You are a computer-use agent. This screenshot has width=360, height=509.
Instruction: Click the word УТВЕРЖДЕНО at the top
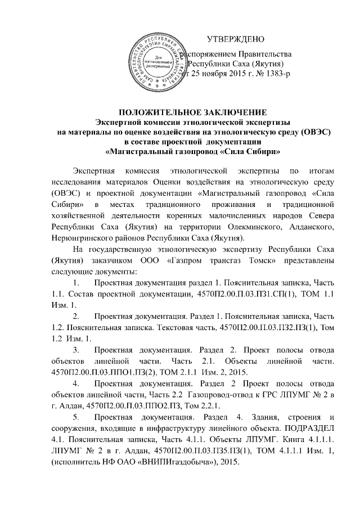[236, 39]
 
